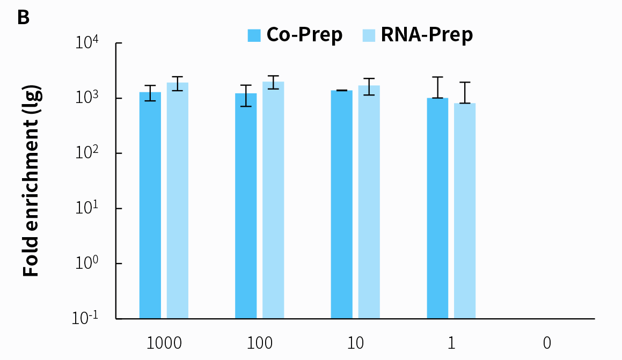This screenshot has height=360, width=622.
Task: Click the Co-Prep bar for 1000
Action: [150, 206]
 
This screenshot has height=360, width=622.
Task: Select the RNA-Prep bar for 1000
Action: [177, 201]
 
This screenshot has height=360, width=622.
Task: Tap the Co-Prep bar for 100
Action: [246, 207]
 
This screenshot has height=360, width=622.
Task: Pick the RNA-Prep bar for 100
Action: [273, 201]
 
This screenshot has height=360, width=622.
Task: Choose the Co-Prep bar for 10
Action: [341, 205]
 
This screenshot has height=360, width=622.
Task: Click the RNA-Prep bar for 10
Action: [369, 202]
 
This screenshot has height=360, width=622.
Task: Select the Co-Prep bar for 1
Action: [437, 209]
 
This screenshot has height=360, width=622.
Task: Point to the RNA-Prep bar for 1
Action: [465, 211]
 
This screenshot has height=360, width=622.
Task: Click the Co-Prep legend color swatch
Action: [254, 35]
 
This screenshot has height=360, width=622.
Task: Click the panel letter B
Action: [23, 18]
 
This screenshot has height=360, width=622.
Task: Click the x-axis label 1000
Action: [164, 343]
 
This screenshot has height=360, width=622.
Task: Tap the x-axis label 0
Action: [547, 343]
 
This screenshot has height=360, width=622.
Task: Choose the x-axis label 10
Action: [355, 343]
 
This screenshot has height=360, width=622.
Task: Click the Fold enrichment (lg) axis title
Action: [32, 181]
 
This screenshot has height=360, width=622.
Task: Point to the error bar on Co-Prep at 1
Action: [437, 87]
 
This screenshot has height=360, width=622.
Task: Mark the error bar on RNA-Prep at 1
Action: [465, 92]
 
